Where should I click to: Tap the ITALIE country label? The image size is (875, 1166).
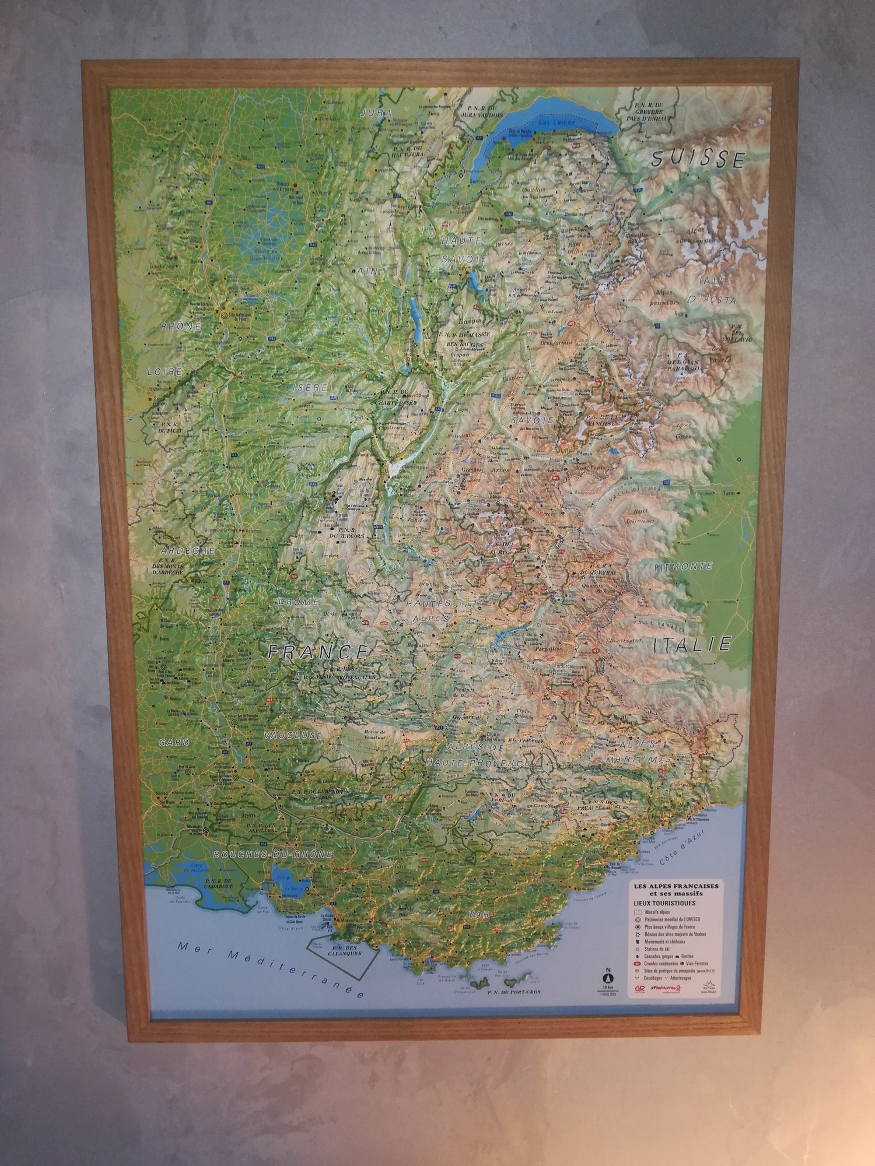(692, 644)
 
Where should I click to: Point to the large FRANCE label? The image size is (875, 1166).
(317, 651)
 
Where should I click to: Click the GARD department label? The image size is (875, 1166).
(174, 743)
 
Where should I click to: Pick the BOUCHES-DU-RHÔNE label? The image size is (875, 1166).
(273, 855)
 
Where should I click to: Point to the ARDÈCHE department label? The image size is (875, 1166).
(180, 550)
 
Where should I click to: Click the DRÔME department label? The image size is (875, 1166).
(298, 601)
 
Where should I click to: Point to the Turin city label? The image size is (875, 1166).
(727, 493)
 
